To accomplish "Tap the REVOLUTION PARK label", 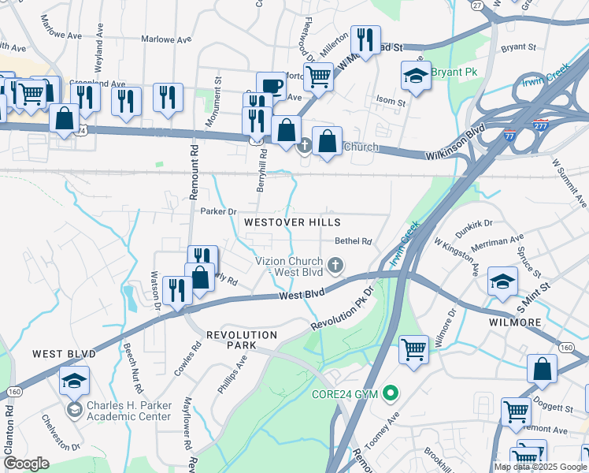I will pos(242,335).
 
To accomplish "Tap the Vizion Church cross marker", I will pos(336,265).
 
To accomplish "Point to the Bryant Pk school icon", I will pos(415,76).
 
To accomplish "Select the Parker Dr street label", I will pos(218,211).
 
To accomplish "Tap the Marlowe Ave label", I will pos(166,39).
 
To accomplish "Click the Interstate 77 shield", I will pos(511,136).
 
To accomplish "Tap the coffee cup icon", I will pos(270,85).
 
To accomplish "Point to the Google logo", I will pos(26,464).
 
